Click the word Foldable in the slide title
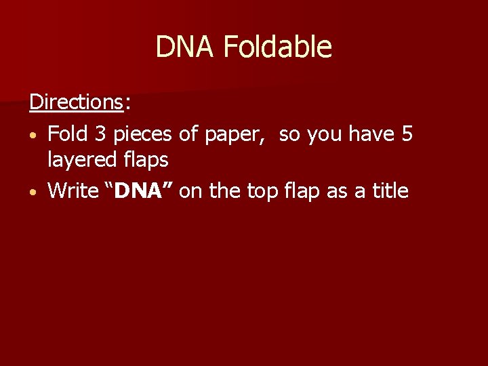pyautogui.click(x=277, y=47)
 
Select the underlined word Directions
pyautogui.click(x=75, y=102)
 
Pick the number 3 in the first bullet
pyautogui.click(x=101, y=134)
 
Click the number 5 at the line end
pyautogui.click(x=407, y=134)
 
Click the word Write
pyautogui.click(x=73, y=190)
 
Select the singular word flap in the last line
pyautogui.click(x=300, y=191)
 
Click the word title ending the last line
pyautogui.click(x=387, y=190)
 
